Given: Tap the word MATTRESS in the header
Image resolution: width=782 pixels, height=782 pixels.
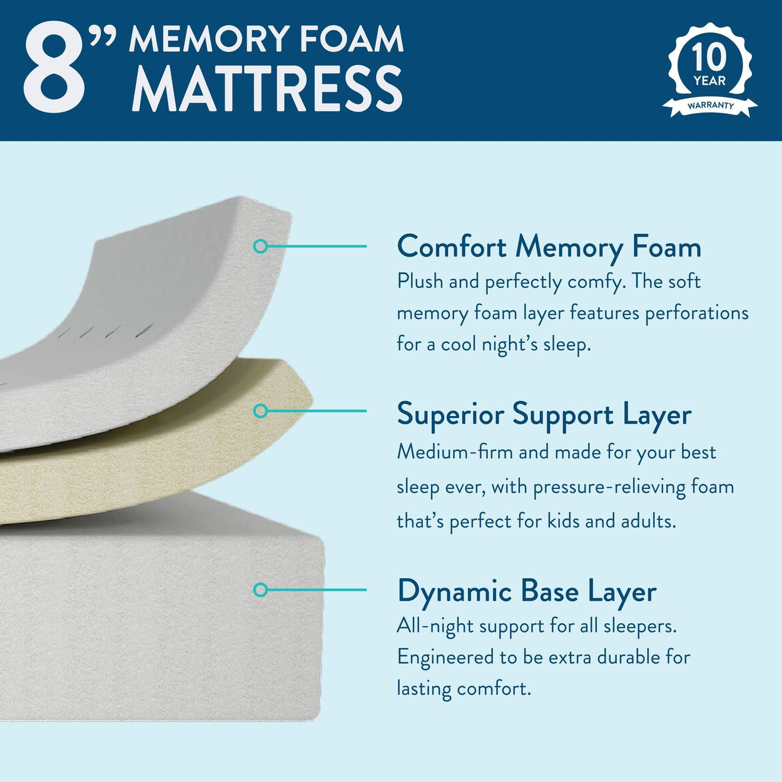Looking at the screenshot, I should pos(267,89).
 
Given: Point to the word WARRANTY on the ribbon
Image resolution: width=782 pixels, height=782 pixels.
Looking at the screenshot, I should pos(710,106).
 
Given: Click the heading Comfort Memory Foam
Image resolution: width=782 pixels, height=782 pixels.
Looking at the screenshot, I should pos(549,246).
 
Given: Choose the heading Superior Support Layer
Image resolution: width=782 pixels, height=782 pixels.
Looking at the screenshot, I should pos(544,414).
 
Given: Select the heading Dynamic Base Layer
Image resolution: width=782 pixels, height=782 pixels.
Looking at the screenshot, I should pos(527,591).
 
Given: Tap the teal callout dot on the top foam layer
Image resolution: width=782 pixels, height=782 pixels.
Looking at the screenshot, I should pos(260,246).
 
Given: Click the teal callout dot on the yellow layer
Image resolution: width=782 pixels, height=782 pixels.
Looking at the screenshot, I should pos(260,411).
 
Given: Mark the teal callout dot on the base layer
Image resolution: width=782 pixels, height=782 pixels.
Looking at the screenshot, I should pos(260,589).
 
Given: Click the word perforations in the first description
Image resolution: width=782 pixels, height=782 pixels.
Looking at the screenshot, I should pos(696,313).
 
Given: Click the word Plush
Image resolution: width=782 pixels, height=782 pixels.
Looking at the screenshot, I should pos(420,282).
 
